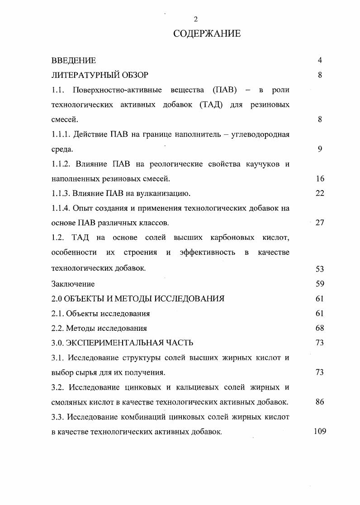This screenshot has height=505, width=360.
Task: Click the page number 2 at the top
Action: click(x=195, y=19)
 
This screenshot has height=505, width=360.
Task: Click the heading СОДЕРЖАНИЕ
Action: click(x=207, y=33)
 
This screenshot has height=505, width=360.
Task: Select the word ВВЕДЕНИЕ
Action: click(x=74, y=61)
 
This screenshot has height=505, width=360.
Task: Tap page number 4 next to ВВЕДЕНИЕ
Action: click(x=320, y=61)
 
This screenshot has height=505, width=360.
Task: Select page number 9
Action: click(x=320, y=149)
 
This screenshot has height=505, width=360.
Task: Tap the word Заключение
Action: click(x=73, y=284)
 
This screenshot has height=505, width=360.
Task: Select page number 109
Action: click(x=320, y=431)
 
